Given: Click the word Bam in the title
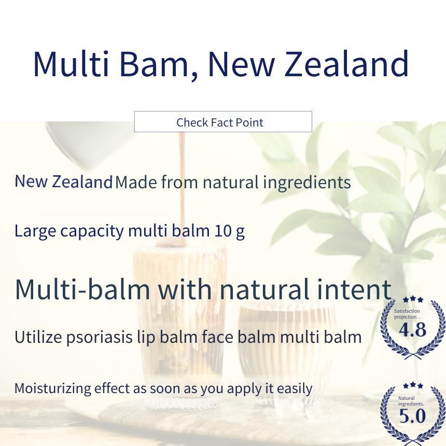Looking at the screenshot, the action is pyautogui.click(x=158, y=64).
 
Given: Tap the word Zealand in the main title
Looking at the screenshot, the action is pyautogui.click(x=347, y=63).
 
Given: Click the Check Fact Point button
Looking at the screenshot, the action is pyautogui.click(x=223, y=122).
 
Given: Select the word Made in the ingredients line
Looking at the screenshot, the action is pyautogui.click(x=136, y=182).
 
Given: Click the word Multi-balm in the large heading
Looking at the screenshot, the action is pyautogui.click(x=82, y=289).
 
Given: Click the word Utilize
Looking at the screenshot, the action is pyautogui.click(x=38, y=337).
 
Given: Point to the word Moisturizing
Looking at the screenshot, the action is pyautogui.click(x=52, y=389).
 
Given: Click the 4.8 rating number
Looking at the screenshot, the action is pyautogui.click(x=412, y=330).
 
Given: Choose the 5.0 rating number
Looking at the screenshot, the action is pyautogui.click(x=412, y=416).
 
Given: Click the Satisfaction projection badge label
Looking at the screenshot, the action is pyautogui.click(x=407, y=314).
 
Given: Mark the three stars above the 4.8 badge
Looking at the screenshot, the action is pyautogui.click(x=413, y=300).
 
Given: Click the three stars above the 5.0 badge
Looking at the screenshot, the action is pyautogui.click(x=413, y=386).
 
